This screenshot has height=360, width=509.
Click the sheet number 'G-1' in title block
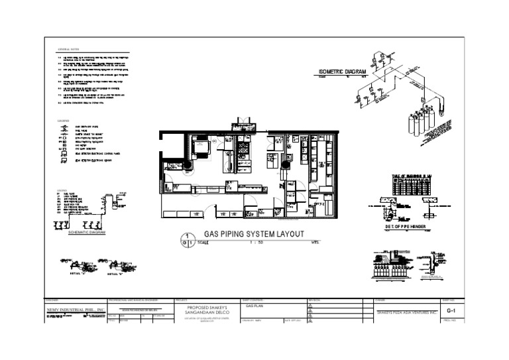(x=451, y=310)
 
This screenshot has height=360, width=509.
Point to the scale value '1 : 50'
(x=258, y=242)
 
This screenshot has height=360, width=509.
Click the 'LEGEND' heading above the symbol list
(x=64, y=121)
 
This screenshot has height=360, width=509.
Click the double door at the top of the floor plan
(x=239, y=124)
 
